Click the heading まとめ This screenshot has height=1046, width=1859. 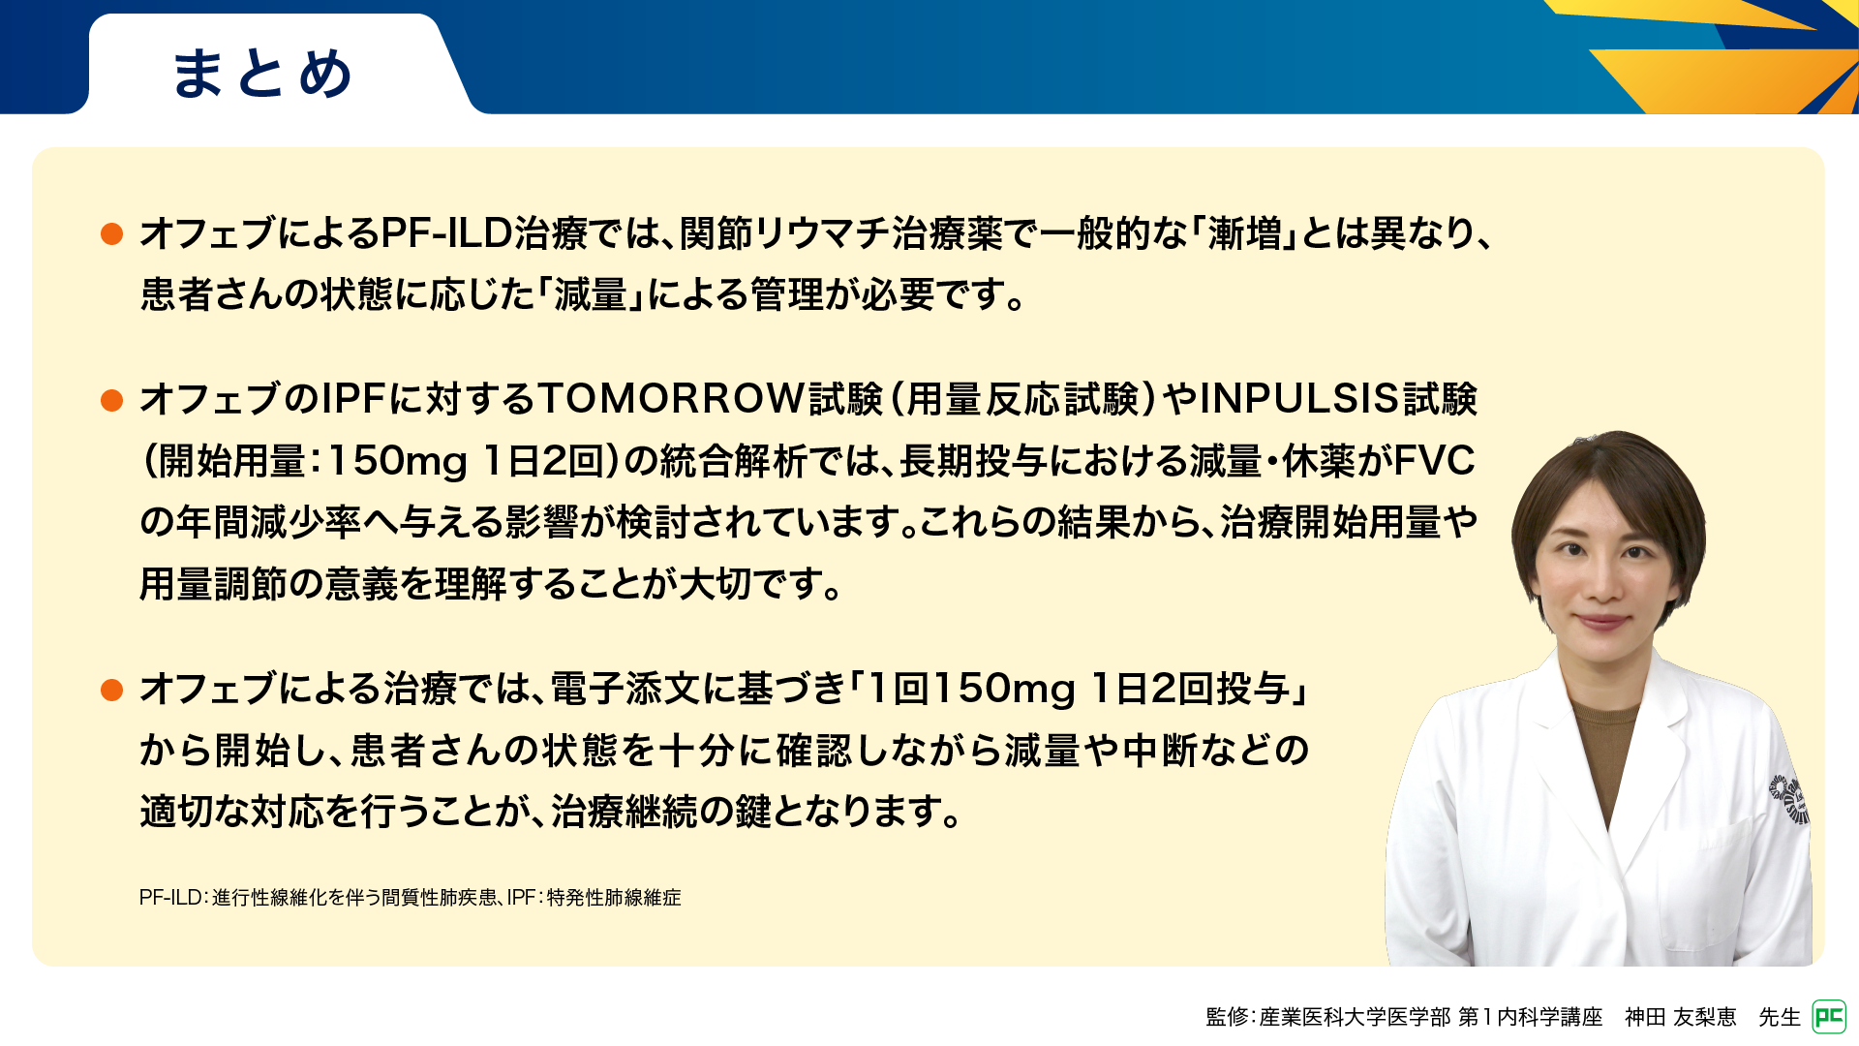[x=261, y=74]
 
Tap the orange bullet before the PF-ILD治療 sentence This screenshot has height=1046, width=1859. [x=112, y=233]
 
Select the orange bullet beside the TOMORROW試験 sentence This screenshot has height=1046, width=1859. [x=112, y=400]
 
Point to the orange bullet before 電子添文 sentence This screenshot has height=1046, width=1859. [x=112, y=690]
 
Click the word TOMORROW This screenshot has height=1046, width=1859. [x=672, y=399]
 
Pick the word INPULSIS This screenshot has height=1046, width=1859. [x=1300, y=399]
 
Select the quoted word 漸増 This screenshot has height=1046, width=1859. [x=1244, y=233]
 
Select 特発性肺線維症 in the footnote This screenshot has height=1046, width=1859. [x=614, y=898]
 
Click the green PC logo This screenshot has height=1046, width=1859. [x=1829, y=1017]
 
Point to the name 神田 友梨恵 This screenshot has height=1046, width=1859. [x=1681, y=1017]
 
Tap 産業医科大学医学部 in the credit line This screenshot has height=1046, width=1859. [x=1356, y=1017]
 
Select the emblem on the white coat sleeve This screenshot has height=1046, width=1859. [x=1790, y=799]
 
